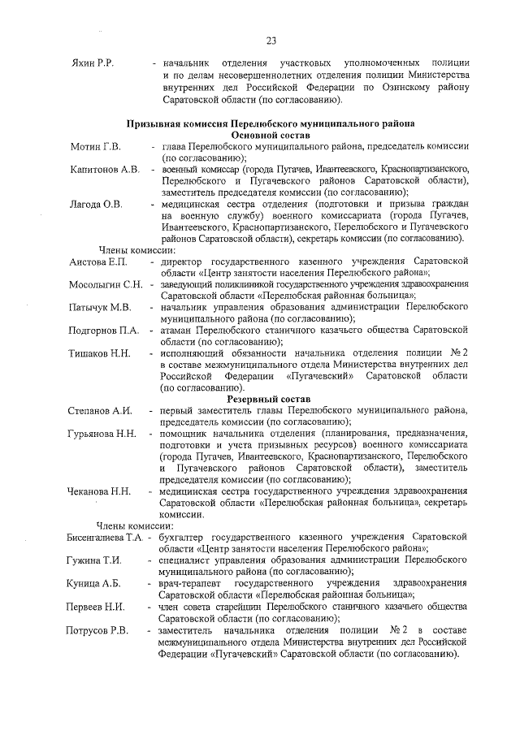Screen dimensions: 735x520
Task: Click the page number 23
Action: click(271, 41)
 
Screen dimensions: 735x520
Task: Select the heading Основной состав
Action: click(271, 135)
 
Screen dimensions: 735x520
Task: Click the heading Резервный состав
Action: click(271, 400)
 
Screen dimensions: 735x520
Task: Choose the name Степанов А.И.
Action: click(100, 411)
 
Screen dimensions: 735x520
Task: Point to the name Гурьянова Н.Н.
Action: click(102, 435)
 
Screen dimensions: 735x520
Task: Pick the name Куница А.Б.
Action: click(94, 584)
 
